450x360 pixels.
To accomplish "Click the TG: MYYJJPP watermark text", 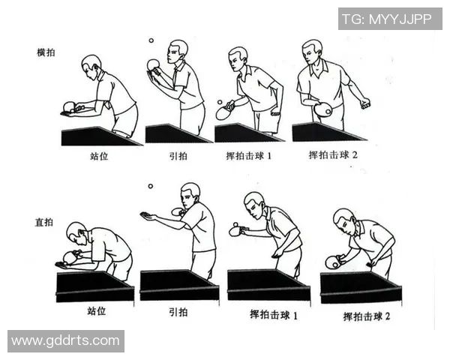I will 389,19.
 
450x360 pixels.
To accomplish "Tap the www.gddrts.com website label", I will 65,340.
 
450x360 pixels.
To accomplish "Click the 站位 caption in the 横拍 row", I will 98,157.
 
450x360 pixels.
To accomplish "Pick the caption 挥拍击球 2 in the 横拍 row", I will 333,155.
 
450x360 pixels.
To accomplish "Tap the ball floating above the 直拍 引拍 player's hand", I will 150,186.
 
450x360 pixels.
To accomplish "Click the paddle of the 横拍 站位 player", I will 70,106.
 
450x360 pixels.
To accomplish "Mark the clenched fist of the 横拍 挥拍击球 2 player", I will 365,102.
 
